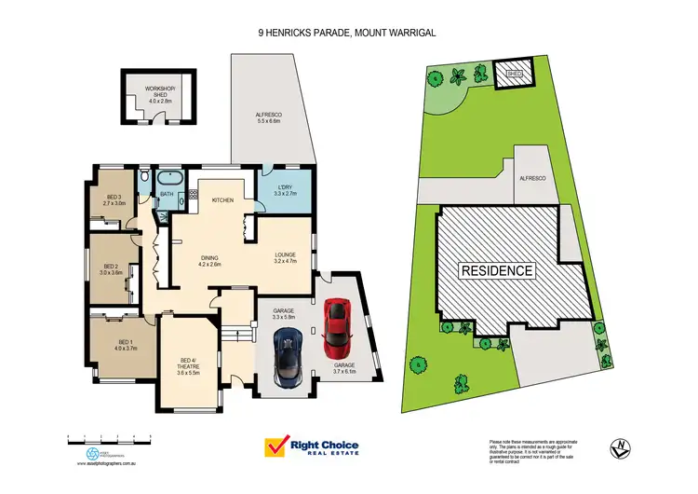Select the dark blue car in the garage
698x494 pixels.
(x=288, y=360)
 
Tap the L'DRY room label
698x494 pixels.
(x=284, y=190)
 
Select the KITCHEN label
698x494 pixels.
(x=222, y=200)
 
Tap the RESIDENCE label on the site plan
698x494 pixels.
(x=497, y=270)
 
